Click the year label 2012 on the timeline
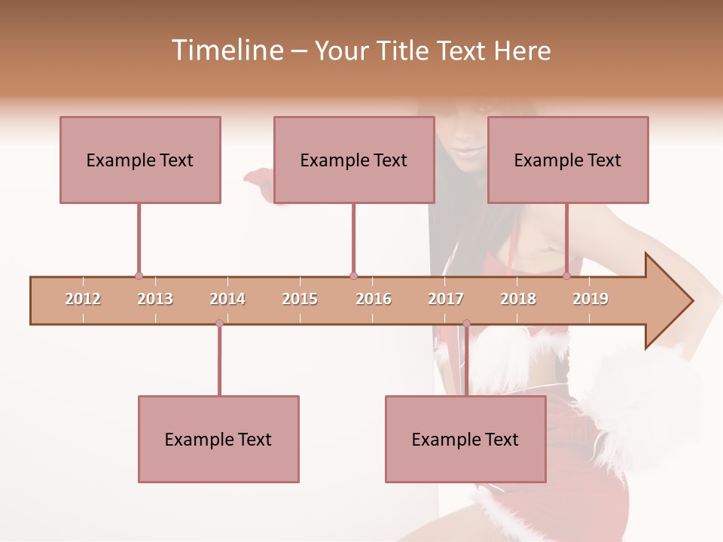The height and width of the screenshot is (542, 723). click(x=83, y=299)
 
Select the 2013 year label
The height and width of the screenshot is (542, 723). click(x=155, y=299)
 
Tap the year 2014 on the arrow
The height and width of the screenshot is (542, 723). click(x=227, y=299)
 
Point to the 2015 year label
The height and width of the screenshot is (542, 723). click(x=300, y=299)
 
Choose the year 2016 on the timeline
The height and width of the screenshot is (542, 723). click(x=374, y=299)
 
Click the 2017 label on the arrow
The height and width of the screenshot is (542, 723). click(x=446, y=299)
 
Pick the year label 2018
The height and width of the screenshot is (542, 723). click(x=518, y=299)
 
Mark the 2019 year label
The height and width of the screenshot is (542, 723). click(x=590, y=299)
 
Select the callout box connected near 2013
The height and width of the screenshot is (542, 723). click(x=140, y=160)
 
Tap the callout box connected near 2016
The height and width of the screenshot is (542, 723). click(x=354, y=160)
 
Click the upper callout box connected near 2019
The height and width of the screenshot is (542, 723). click(x=568, y=160)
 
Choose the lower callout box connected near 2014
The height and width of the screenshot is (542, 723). click(x=218, y=439)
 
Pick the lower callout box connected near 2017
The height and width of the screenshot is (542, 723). click(x=465, y=439)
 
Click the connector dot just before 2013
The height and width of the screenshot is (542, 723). click(x=139, y=276)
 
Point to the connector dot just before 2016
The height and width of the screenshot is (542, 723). click(x=353, y=276)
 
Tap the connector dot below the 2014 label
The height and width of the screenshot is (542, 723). click(x=219, y=324)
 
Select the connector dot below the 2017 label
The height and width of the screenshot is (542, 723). click(x=466, y=324)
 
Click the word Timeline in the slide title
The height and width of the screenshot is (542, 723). click(x=226, y=50)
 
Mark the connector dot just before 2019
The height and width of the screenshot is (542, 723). click(x=567, y=276)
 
